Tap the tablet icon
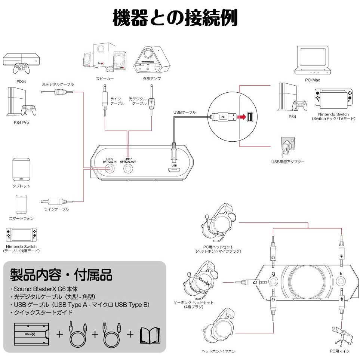point(21,169)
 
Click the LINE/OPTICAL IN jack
point(110,169)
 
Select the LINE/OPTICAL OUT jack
point(128,169)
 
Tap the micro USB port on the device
point(174,170)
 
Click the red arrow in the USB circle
point(242,117)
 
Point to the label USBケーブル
point(184,112)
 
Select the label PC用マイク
point(339,351)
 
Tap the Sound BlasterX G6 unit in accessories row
point(31,333)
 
